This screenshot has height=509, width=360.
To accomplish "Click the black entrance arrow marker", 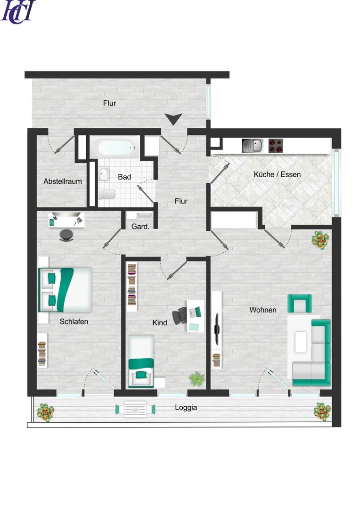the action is [174, 119].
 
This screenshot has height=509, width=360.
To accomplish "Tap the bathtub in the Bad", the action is [116, 148].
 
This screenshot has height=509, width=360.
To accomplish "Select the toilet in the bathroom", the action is [107, 194].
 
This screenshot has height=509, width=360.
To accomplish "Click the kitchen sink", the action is [252, 146].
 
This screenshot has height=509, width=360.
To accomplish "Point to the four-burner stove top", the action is [276, 146].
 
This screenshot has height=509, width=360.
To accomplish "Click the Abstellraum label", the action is [63, 181].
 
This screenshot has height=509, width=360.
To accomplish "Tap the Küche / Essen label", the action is [277, 174].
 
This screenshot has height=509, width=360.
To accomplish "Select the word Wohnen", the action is [263, 310].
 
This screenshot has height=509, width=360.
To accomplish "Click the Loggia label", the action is [186, 407].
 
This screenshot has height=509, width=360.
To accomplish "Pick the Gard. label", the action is [140, 227].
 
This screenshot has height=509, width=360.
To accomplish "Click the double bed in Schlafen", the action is [65, 290].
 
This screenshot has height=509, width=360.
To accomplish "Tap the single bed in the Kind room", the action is [141, 361].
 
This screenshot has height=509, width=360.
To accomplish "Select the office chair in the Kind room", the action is [180, 315].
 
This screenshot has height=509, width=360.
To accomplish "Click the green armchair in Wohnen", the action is [300, 304].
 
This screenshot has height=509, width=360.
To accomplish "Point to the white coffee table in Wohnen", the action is [301, 342].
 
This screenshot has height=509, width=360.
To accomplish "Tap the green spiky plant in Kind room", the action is [196, 379].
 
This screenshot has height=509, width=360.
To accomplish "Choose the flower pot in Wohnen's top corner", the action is [321, 240].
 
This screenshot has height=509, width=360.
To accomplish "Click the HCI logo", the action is [18, 12].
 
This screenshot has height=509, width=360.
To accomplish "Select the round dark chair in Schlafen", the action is [66, 235].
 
